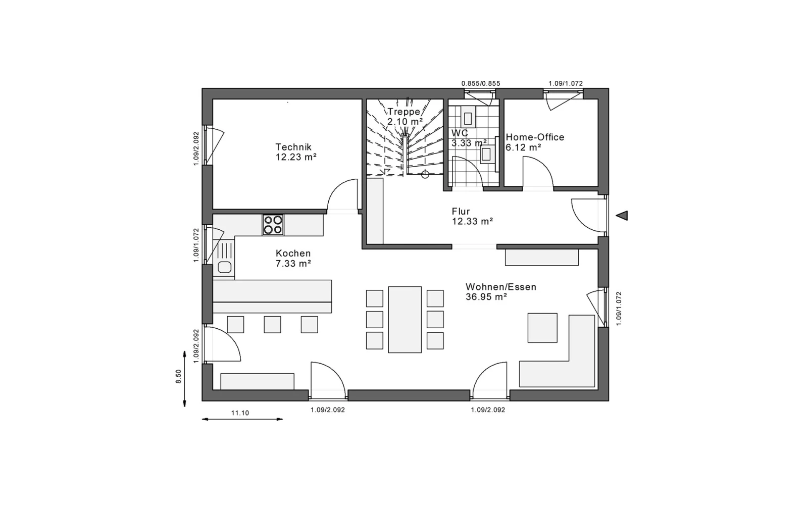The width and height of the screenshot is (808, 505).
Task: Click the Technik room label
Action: click(293, 147)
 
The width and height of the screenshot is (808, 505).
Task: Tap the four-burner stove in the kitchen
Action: click(273, 225)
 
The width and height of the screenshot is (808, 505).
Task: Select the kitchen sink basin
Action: click(224, 267)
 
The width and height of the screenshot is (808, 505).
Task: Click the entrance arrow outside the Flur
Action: click(622, 216)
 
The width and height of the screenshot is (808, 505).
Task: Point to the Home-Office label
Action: click(535, 137)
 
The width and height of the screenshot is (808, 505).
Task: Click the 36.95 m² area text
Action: click(486, 297)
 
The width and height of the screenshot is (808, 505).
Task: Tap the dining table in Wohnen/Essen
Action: click(405, 320)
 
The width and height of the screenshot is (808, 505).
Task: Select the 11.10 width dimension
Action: click(240, 413)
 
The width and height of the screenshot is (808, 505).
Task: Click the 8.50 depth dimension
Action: click(179, 376)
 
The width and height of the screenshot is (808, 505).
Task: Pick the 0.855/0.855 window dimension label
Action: click(481, 83)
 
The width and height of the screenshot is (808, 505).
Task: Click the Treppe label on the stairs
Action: click(404, 112)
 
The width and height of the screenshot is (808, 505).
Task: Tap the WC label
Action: click(460, 133)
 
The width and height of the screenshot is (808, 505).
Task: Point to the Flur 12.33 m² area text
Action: click(473, 221)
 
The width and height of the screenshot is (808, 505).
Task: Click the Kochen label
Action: click(293, 253)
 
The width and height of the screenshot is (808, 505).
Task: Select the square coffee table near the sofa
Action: click(542, 328)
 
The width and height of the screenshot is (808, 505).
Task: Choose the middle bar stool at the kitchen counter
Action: click(272, 325)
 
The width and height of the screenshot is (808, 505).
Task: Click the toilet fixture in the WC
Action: click(468, 117)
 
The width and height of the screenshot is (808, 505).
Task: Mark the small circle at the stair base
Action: click(425, 175)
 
